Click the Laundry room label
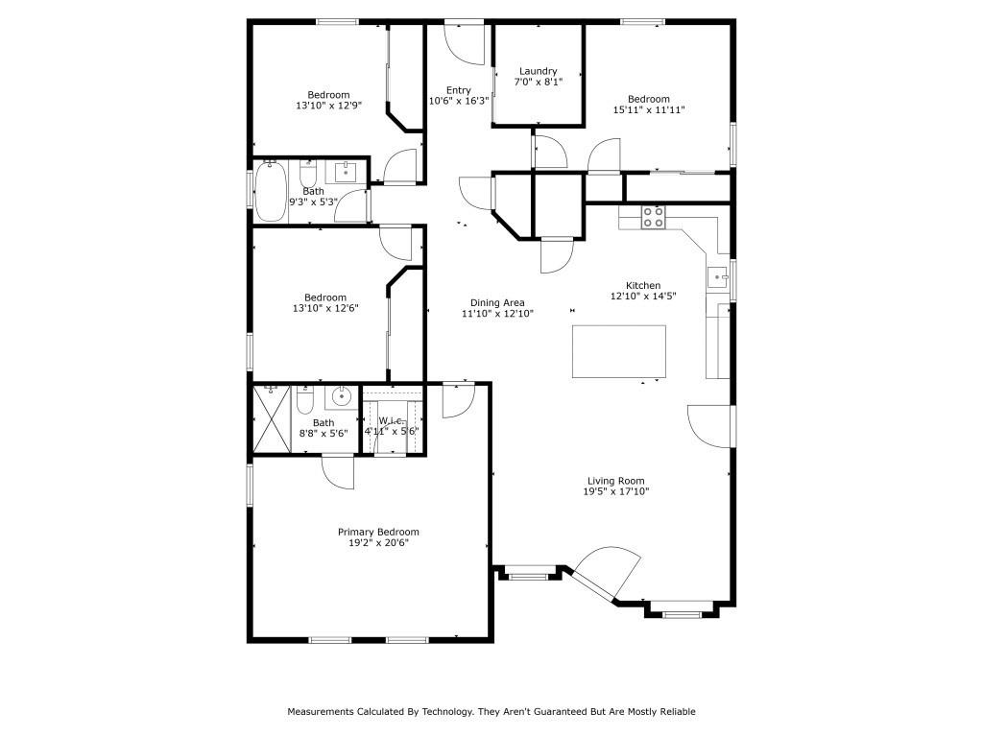pos(538,71)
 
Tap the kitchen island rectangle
pos(619,352)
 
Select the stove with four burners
pos(654,217)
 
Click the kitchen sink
pos(717,278)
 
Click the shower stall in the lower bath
pos(271,417)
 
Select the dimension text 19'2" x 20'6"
pos(378,543)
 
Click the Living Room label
pos(615,481)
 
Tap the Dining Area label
pos(496,302)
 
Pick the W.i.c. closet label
pos(391,420)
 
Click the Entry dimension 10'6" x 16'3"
pos(458,101)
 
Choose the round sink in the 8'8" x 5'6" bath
pos(341,395)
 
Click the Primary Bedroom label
pos(378,532)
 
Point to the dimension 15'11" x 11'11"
pos(648,110)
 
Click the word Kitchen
pos(643,285)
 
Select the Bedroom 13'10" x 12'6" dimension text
pos(325,308)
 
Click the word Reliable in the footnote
pos(677,712)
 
